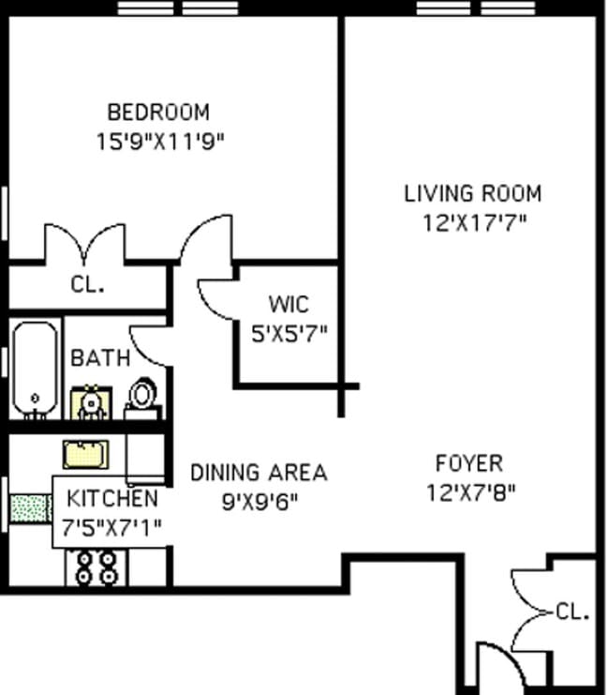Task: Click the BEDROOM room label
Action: tap(158, 113)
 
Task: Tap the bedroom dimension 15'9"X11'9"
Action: tap(160, 142)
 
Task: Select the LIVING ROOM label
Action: tap(472, 194)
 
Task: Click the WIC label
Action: tap(288, 305)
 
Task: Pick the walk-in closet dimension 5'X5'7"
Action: tap(289, 333)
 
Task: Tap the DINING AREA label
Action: tap(259, 472)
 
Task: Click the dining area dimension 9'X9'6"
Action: tap(260, 501)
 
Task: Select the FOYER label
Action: tap(468, 462)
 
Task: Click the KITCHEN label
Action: tap(111, 498)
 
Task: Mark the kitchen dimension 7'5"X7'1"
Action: tap(112, 528)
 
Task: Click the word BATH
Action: tap(100, 357)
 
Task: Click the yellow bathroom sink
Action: tap(91, 401)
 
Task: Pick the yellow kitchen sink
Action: tap(85, 454)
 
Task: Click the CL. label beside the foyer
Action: tap(572, 612)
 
